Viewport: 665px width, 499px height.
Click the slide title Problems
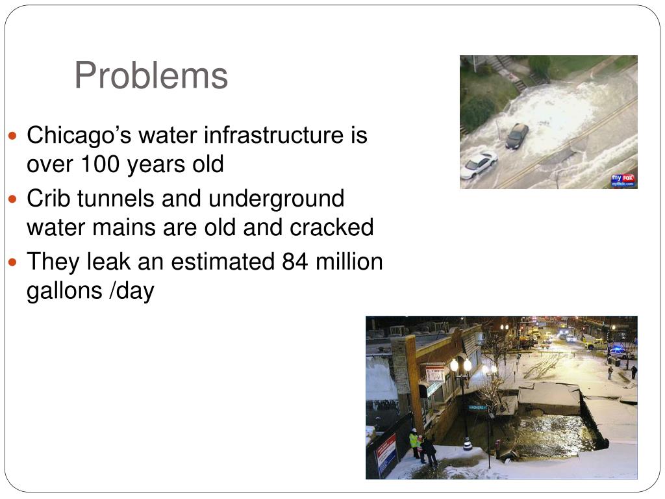pyautogui.click(x=151, y=76)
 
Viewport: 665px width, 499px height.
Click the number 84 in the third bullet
pyautogui.click(x=294, y=262)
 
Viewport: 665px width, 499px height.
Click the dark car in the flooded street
pyautogui.click(x=518, y=135)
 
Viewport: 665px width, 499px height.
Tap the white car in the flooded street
pyautogui.click(x=479, y=164)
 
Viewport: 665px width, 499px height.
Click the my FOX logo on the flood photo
pyautogui.click(x=623, y=180)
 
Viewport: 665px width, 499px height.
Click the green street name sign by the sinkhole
pyautogui.click(x=477, y=407)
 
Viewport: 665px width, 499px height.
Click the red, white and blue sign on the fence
pyautogui.click(x=386, y=453)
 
